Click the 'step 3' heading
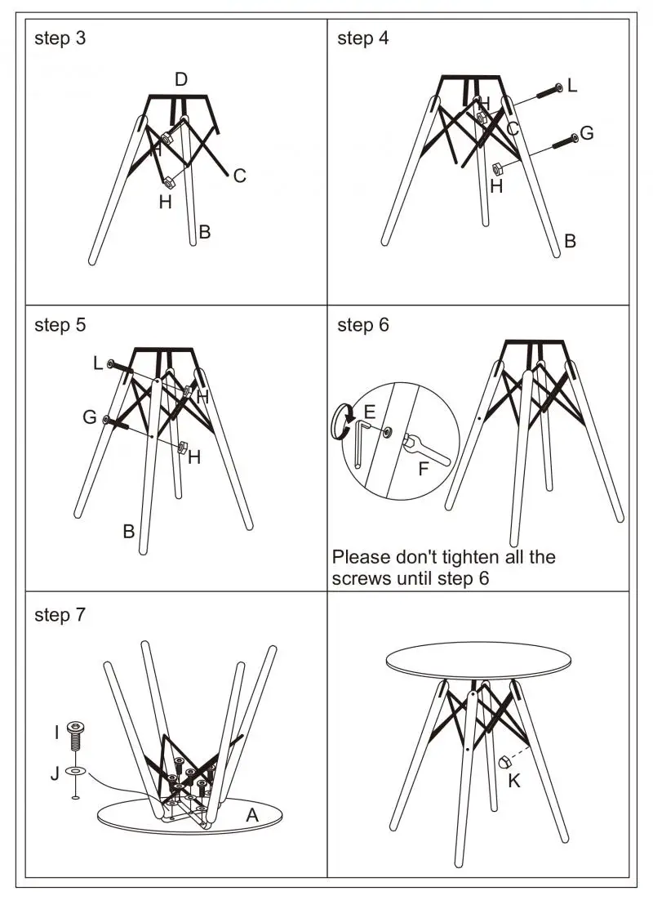tap(60, 38)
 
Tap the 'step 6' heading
tap(363, 325)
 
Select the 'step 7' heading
tap(60, 615)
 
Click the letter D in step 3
tap(181, 79)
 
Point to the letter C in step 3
tap(239, 176)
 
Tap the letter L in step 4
tap(572, 85)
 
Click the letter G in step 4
tap(586, 133)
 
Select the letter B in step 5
tap(128, 532)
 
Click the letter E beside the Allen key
tap(370, 411)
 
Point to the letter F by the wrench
tap(423, 469)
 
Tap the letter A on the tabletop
tap(252, 813)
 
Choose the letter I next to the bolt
tap(56, 733)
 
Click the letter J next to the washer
tap(56, 773)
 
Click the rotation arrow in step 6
tap(339, 422)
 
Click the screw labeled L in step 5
tap(119, 367)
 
